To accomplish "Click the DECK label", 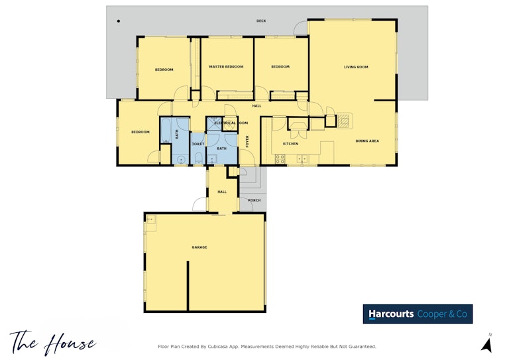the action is [261, 21].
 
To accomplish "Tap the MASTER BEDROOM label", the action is [226, 66].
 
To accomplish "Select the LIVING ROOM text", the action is [356, 67].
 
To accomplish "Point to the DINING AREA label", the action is [367, 141].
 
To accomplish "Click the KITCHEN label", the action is [290, 143].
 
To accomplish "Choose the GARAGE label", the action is [199, 247].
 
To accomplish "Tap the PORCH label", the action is [254, 200].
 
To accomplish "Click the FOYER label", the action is [247, 141].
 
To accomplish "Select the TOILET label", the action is [198, 144].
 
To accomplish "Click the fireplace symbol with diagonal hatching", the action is [343, 121].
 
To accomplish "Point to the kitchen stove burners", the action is [280, 159].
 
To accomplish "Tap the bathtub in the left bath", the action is [166, 131].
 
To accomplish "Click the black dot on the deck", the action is [119, 21].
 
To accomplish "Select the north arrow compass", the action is [486, 343].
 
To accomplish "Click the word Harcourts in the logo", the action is [391, 314].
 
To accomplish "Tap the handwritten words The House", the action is [53, 342].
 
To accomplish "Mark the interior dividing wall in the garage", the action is [188, 286].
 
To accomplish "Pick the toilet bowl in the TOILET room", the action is [198, 158].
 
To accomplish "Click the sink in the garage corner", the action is [151, 220].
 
